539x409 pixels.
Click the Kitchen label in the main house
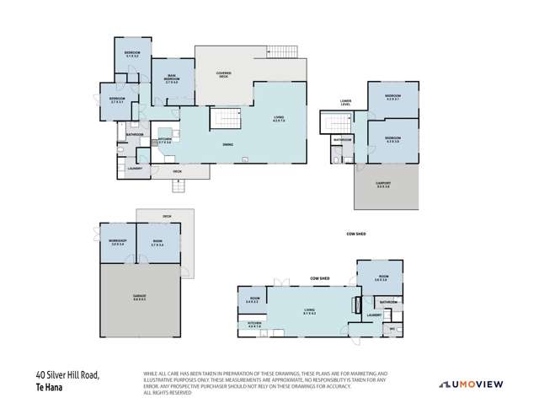[165, 140]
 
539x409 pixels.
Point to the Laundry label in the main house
[134, 168]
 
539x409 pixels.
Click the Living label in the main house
[278, 119]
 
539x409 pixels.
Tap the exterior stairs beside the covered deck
[282, 52]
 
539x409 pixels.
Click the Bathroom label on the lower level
[342, 140]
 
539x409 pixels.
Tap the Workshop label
[116, 242]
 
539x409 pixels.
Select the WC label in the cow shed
[392, 329]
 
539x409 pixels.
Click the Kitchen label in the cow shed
[255, 324]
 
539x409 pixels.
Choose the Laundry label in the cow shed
[375, 315]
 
